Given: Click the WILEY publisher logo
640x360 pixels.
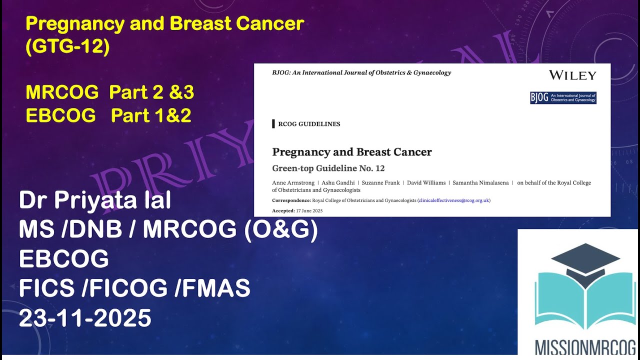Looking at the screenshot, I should [x=572, y=75].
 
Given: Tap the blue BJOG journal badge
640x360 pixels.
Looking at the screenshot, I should [x=563, y=97].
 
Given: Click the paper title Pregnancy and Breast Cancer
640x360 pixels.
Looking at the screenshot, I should [x=351, y=152].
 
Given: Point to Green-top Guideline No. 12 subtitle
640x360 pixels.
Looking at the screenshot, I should [x=328, y=168].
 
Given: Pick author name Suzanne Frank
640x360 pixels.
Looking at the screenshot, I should [x=381, y=183].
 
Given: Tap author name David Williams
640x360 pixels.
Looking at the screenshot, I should [x=426, y=183].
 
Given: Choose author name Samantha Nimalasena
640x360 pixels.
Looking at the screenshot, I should [x=480, y=183].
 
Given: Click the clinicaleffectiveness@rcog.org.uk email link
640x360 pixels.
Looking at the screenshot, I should [x=453, y=200].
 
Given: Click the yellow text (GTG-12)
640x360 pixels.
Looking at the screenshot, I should [x=67, y=47].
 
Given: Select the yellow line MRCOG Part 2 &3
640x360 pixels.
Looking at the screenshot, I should [x=109, y=92].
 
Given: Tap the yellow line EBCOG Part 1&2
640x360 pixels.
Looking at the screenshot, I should [x=108, y=115].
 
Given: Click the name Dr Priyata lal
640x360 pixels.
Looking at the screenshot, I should [x=95, y=201].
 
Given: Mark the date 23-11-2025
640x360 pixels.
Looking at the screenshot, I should [x=85, y=318].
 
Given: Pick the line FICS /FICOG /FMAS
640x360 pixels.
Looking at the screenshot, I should [x=134, y=288].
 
